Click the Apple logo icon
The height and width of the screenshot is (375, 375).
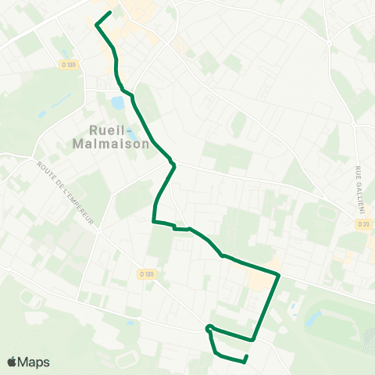[x=12, y=362]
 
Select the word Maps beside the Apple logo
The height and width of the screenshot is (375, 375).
[x=34, y=362]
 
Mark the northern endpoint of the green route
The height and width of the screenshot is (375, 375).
[x=110, y=12]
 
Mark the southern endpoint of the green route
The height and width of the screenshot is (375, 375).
[x=246, y=357]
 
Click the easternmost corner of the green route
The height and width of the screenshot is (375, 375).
[x=279, y=275]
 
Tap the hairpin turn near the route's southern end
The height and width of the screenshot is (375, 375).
[x=208, y=327]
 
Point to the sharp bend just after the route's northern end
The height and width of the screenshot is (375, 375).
[x=96, y=25]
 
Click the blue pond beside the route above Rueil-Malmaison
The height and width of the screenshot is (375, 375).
[x=117, y=102]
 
